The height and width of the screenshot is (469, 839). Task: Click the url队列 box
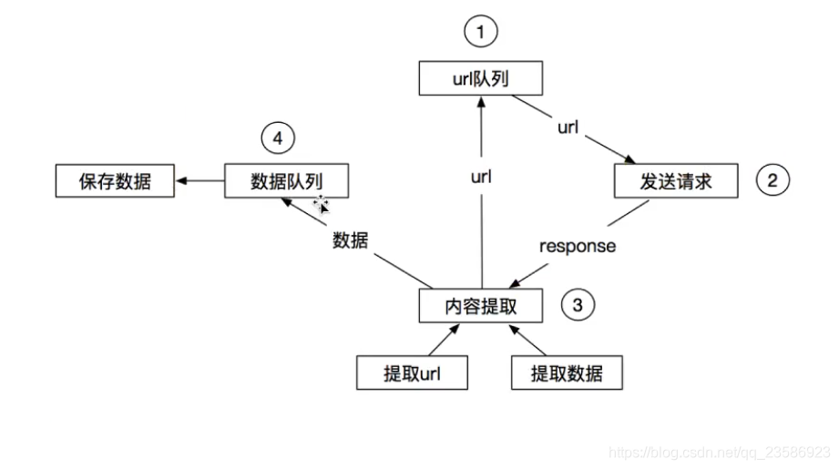click(x=480, y=78)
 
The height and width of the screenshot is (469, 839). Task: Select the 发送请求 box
click(x=676, y=180)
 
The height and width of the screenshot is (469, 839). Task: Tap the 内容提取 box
click(x=480, y=306)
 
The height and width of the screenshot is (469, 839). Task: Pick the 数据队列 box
click(x=286, y=180)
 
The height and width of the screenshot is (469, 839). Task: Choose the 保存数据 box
click(x=115, y=180)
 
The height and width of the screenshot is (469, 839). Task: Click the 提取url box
click(x=412, y=372)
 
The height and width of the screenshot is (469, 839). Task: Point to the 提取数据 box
click(x=567, y=372)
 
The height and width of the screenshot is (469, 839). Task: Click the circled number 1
click(x=480, y=31)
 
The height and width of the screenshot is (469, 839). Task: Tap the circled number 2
click(x=772, y=180)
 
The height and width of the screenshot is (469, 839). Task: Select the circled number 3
click(x=578, y=305)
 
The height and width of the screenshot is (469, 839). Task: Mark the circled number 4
click(x=278, y=138)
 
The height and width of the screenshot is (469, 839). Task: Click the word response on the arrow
click(x=578, y=246)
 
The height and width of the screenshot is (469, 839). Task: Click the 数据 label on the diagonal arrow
click(x=351, y=240)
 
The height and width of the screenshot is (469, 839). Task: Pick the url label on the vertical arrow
click(x=481, y=177)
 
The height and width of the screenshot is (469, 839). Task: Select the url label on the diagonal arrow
click(x=568, y=127)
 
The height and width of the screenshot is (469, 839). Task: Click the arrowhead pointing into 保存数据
click(x=181, y=180)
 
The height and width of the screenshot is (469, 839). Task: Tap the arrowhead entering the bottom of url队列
click(x=481, y=102)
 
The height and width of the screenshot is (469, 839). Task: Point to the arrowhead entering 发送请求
click(x=629, y=158)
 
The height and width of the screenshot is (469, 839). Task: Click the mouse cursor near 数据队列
click(x=321, y=204)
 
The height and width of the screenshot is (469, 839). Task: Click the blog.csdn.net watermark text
click(x=719, y=453)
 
